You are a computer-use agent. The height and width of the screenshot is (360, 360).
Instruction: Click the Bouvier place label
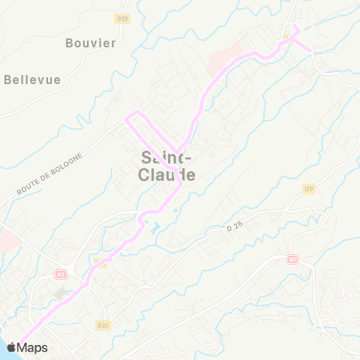pyautogui.click(x=91, y=43)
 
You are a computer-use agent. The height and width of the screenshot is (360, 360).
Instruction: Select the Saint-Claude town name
pyautogui.click(x=167, y=166)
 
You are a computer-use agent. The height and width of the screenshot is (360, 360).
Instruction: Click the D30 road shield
pyautogui.click(x=123, y=18)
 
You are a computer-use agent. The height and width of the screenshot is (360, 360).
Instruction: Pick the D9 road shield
pyautogui.click(x=308, y=188)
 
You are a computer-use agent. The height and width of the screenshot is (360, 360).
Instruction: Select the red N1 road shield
pyautogui.click(x=292, y=259)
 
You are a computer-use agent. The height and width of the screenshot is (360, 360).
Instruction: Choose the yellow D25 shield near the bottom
pyautogui.click(x=103, y=325)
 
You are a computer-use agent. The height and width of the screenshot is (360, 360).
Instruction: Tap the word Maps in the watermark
pyautogui.click(x=32, y=347)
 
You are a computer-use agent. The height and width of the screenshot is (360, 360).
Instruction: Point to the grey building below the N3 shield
pyautogui.click(x=59, y=293)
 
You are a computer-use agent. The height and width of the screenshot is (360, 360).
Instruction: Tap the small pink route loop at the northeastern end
pyautogui.click(x=297, y=35)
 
